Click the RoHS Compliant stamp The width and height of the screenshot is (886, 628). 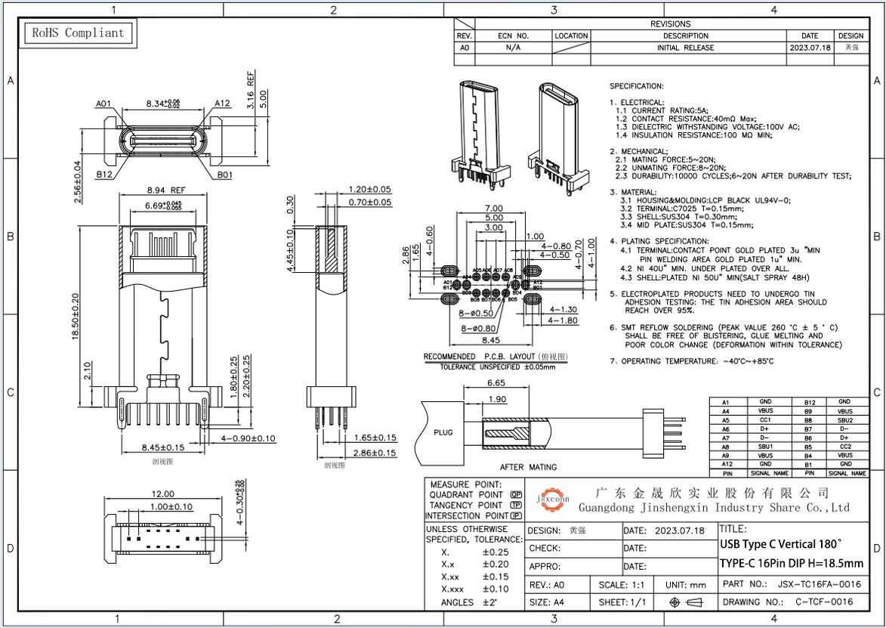click(x=76, y=32)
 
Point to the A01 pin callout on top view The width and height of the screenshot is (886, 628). click(x=103, y=104)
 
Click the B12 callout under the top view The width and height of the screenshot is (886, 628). click(x=103, y=175)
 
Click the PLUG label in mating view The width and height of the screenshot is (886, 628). click(x=443, y=433)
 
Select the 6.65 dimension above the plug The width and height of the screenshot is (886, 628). click(x=496, y=384)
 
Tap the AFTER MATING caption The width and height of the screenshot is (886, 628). click(x=528, y=467)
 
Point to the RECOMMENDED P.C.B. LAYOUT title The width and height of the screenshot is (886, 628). click(x=495, y=357)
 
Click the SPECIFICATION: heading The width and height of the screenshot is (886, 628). click(x=637, y=86)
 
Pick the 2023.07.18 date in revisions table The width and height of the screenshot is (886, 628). click(x=810, y=48)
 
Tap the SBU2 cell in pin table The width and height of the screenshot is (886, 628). click(x=844, y=420)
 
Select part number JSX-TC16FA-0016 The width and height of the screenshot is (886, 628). click(x=819, y=584)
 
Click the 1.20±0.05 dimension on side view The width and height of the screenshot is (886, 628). click(x=369, y=189)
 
